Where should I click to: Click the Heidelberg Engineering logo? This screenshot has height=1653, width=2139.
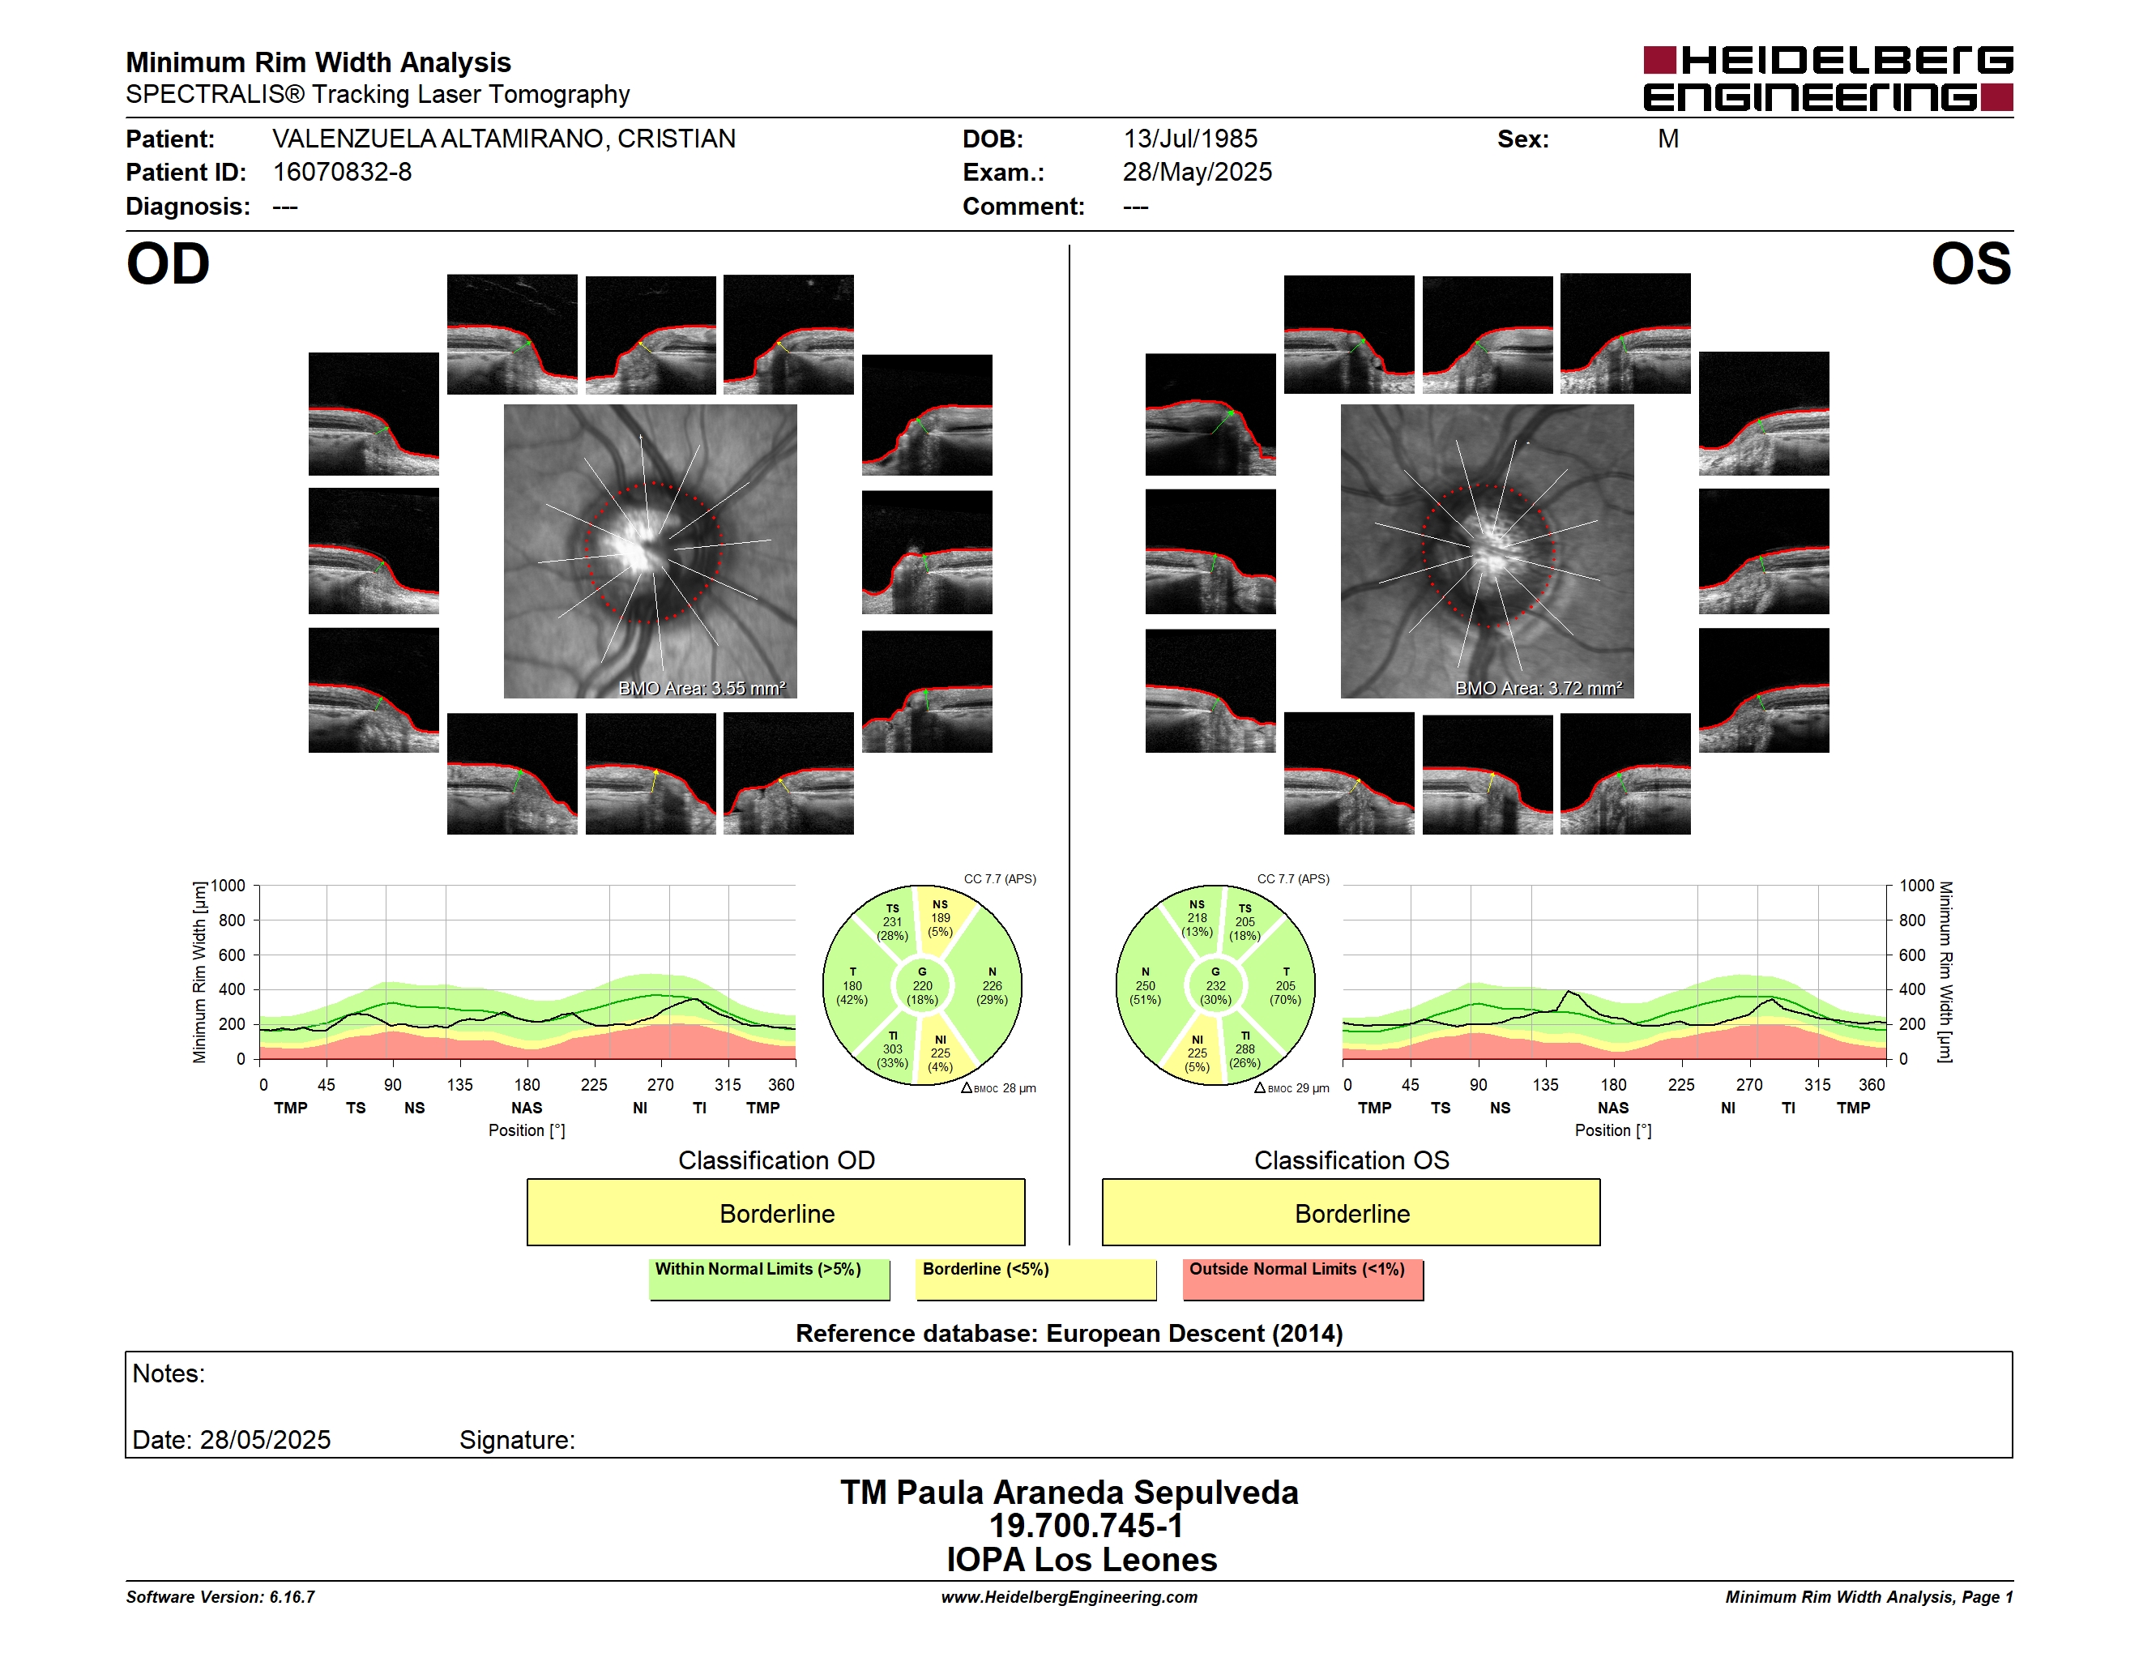pyautogui.click(x=1828, y=79)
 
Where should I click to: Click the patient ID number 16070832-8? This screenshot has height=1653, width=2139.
pyautogui.click(x=342, y=173)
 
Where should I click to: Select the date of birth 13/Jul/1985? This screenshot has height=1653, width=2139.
pyautogui.click(x=1190, y=139)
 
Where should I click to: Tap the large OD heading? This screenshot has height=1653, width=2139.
pyautogui.click(x=168, y=264)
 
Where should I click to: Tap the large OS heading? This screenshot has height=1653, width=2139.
pyautogui.click(x=1970, y=264)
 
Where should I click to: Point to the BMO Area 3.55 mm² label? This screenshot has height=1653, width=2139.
pyautogui.click(x=701, y=689)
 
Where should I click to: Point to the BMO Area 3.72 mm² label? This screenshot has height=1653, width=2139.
pyautogui.click(x=1538, y=689)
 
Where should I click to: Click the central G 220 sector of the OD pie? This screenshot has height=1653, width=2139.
pyautogui.click(x=921, y=986)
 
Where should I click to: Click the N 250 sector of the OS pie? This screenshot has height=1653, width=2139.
pyautogui.click(x=1146, y=986)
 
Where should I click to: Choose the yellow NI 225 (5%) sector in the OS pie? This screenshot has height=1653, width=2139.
pyautogui.click(x=1197, y=1053)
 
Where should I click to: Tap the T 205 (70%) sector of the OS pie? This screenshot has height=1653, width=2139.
pyautogui.click(x=1285, y=986)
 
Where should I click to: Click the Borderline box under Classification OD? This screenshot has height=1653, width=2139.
pyautogui.click(x=775, y=1212)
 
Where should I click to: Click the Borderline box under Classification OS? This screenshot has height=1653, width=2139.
pyautogui.click(x=1351, y=1212)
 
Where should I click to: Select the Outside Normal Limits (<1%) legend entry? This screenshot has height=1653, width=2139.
pyautogui.click(x=1303, y=1279)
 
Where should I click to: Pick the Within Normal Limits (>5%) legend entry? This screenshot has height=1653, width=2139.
pyautogui.click(x=769, y=1279)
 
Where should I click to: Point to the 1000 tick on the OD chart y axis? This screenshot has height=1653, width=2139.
pyautogui.click(x=227, y=886)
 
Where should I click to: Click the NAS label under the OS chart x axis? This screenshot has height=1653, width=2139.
pyautogui.click(x=1613, y=1108)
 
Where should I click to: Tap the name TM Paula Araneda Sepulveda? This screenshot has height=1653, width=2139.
pyautogui.click(x=1069, y=1493)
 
